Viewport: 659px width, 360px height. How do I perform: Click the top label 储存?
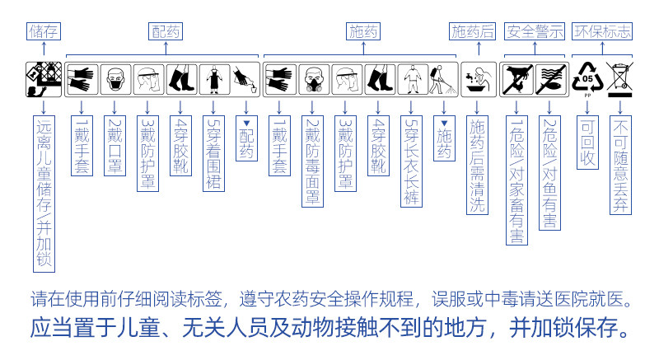[x=44, y=31]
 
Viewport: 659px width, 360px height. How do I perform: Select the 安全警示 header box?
[x=535, y=31]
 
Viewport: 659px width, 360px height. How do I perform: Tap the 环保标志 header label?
[x=604, y=31]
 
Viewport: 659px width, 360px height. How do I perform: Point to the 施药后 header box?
[x=473, y=31]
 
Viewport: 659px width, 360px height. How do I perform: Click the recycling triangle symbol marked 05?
[x=588, y=78]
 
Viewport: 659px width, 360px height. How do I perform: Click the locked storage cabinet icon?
[x=44, y=78]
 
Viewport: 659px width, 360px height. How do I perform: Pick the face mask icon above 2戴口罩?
[x=115, y=79]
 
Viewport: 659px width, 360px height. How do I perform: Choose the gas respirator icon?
[x=313, y=79]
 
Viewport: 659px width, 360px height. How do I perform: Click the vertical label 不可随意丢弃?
[x=620, y=165]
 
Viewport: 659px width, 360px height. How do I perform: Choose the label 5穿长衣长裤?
[x=411, y=161]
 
